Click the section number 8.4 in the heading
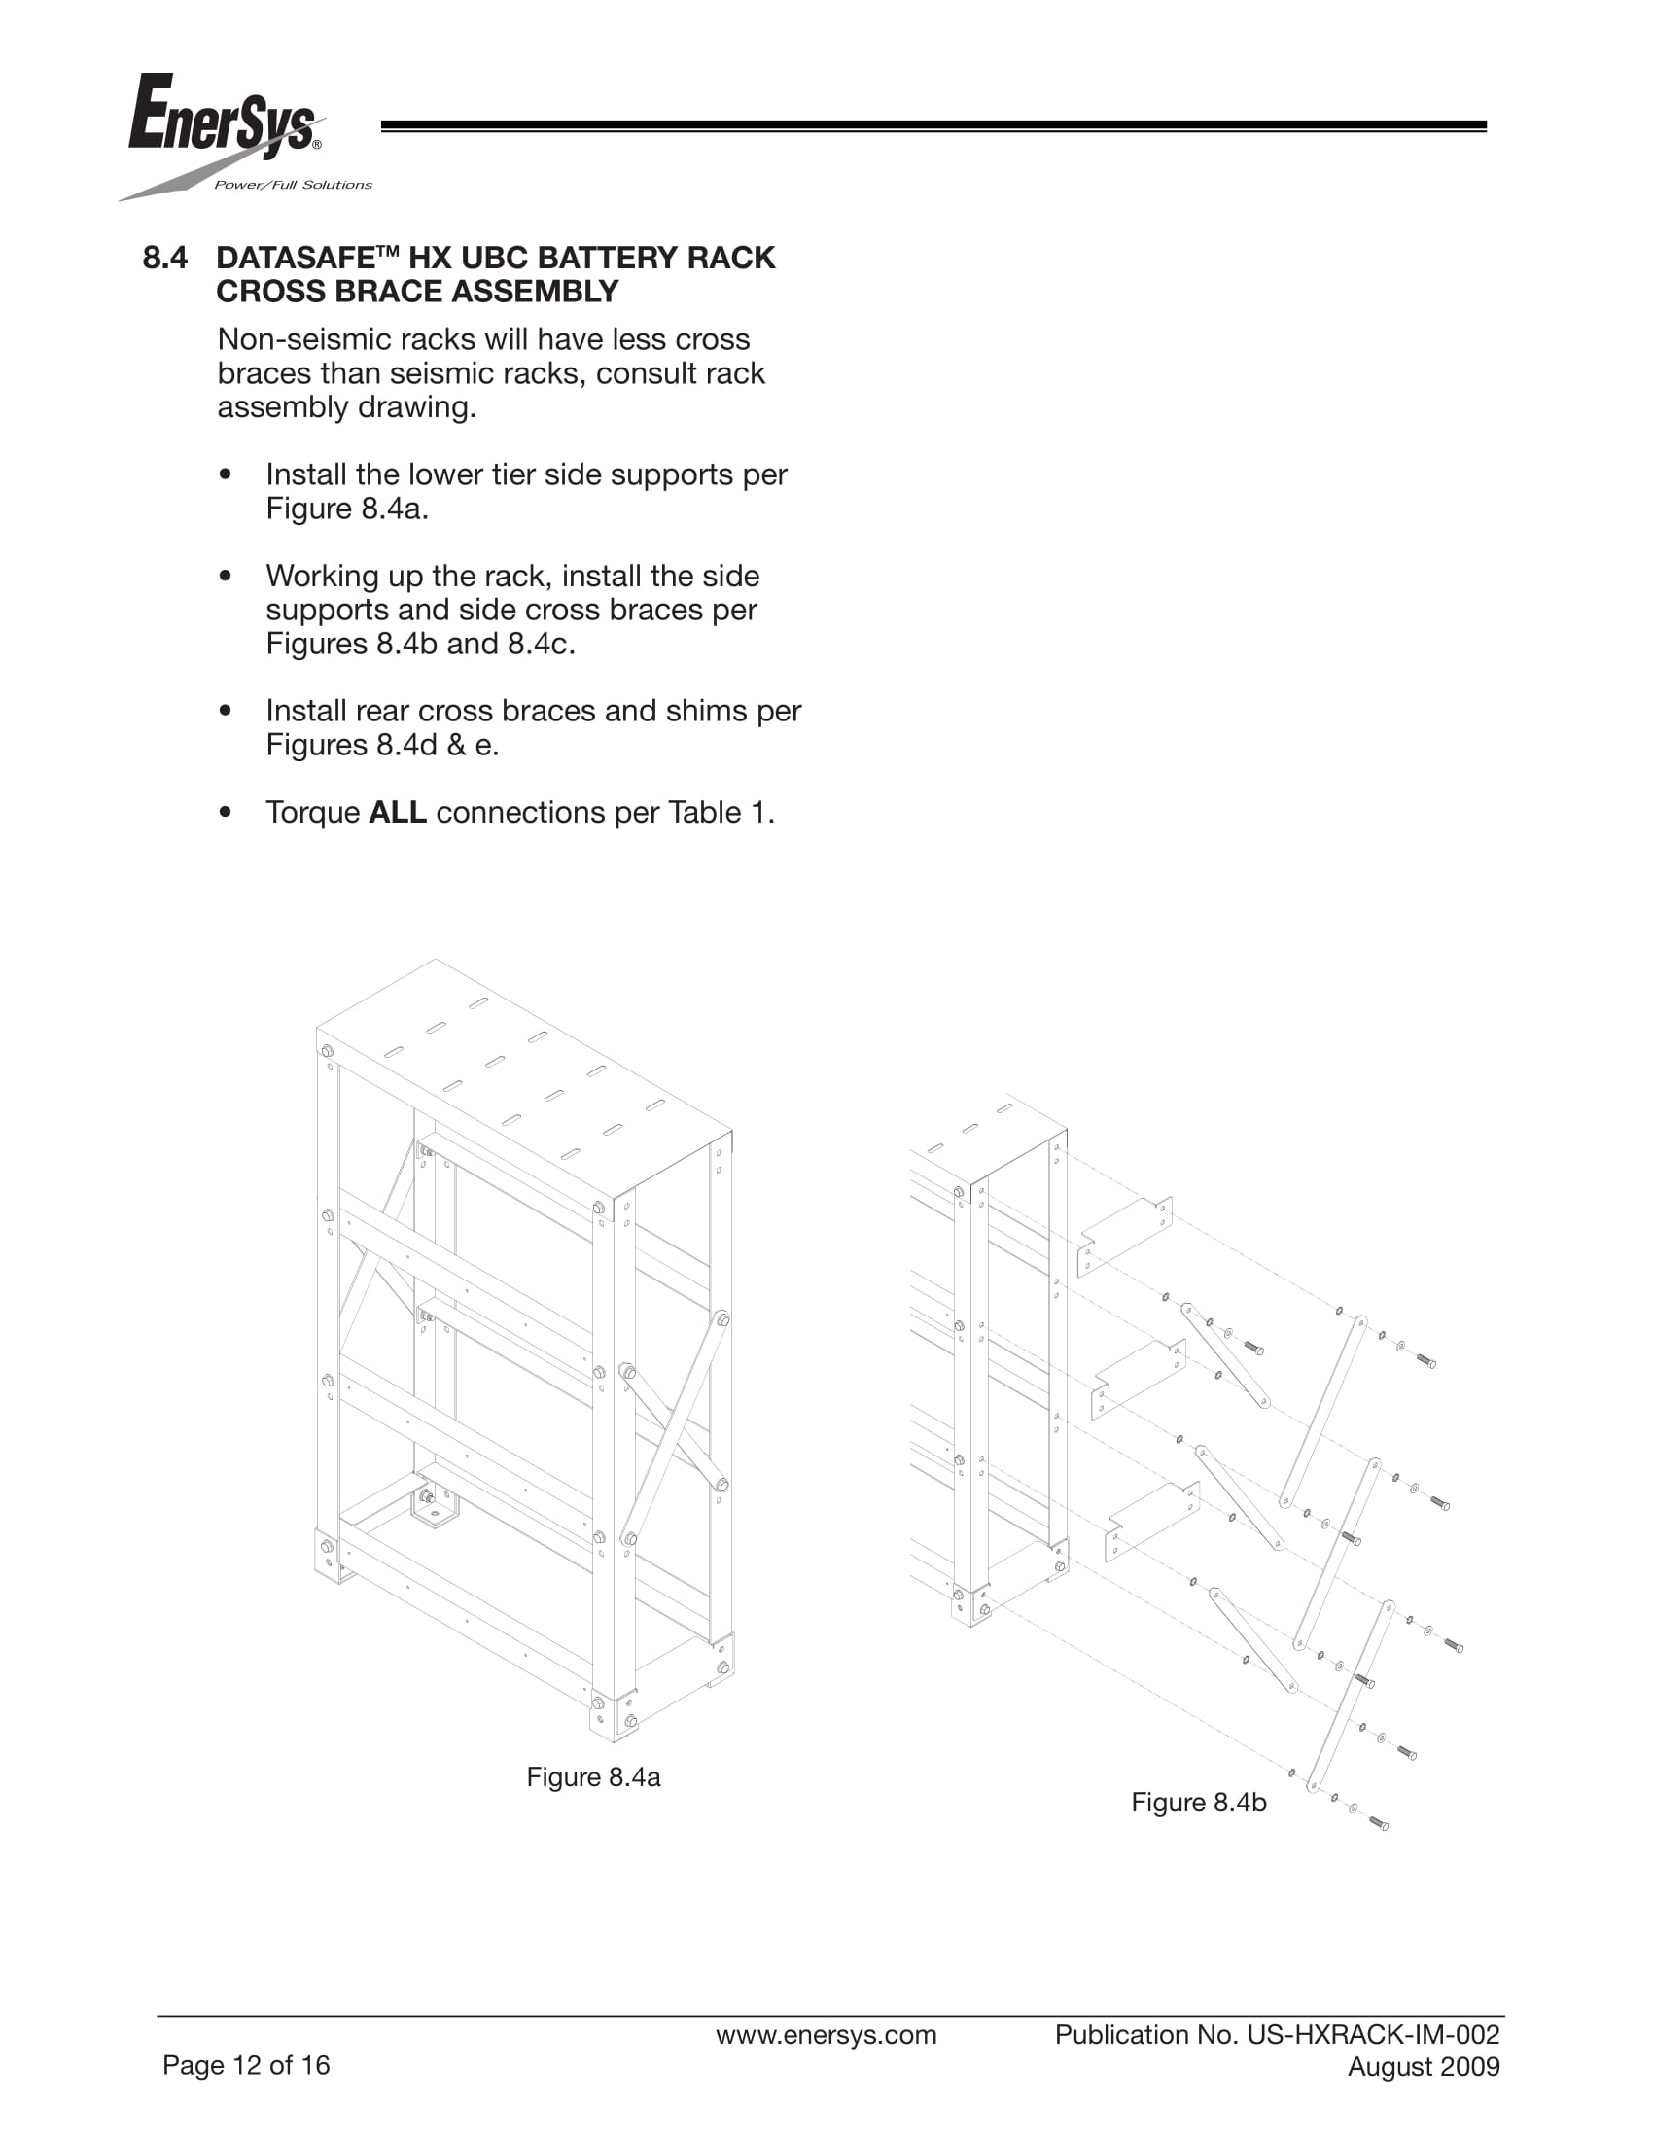[x=164, y=258]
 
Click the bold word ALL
[x=397, y=812]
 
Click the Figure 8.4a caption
[x=593, y=1776]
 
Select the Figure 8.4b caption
[x=1198, y=1802]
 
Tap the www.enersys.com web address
[x=826, y=2034]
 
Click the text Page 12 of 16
[x=246, y=2065]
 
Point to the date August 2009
[x=1423, y=2066]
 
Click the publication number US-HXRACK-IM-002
[x=1373, y=2034]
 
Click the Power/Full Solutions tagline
[x=293, y=185]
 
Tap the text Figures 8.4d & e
[x=382, y=745]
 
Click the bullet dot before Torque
[x=227, y=812]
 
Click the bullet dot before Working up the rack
[x=227, y=577]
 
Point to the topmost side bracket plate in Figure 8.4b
[x=1124, y=1236]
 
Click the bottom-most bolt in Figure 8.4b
[x=1378, y=1823]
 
